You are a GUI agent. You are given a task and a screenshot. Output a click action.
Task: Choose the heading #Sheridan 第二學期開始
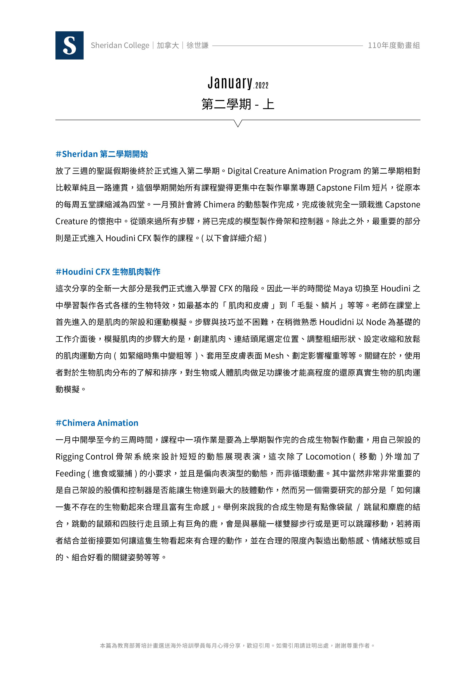click(x=101, y=154)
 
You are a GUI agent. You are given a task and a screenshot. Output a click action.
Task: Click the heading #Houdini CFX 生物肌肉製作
click(x=108, y=272)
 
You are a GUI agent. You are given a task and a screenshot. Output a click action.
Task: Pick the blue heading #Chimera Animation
click(x=97, y=423)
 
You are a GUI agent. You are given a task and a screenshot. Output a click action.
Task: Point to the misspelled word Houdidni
click(x=336, y=322)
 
